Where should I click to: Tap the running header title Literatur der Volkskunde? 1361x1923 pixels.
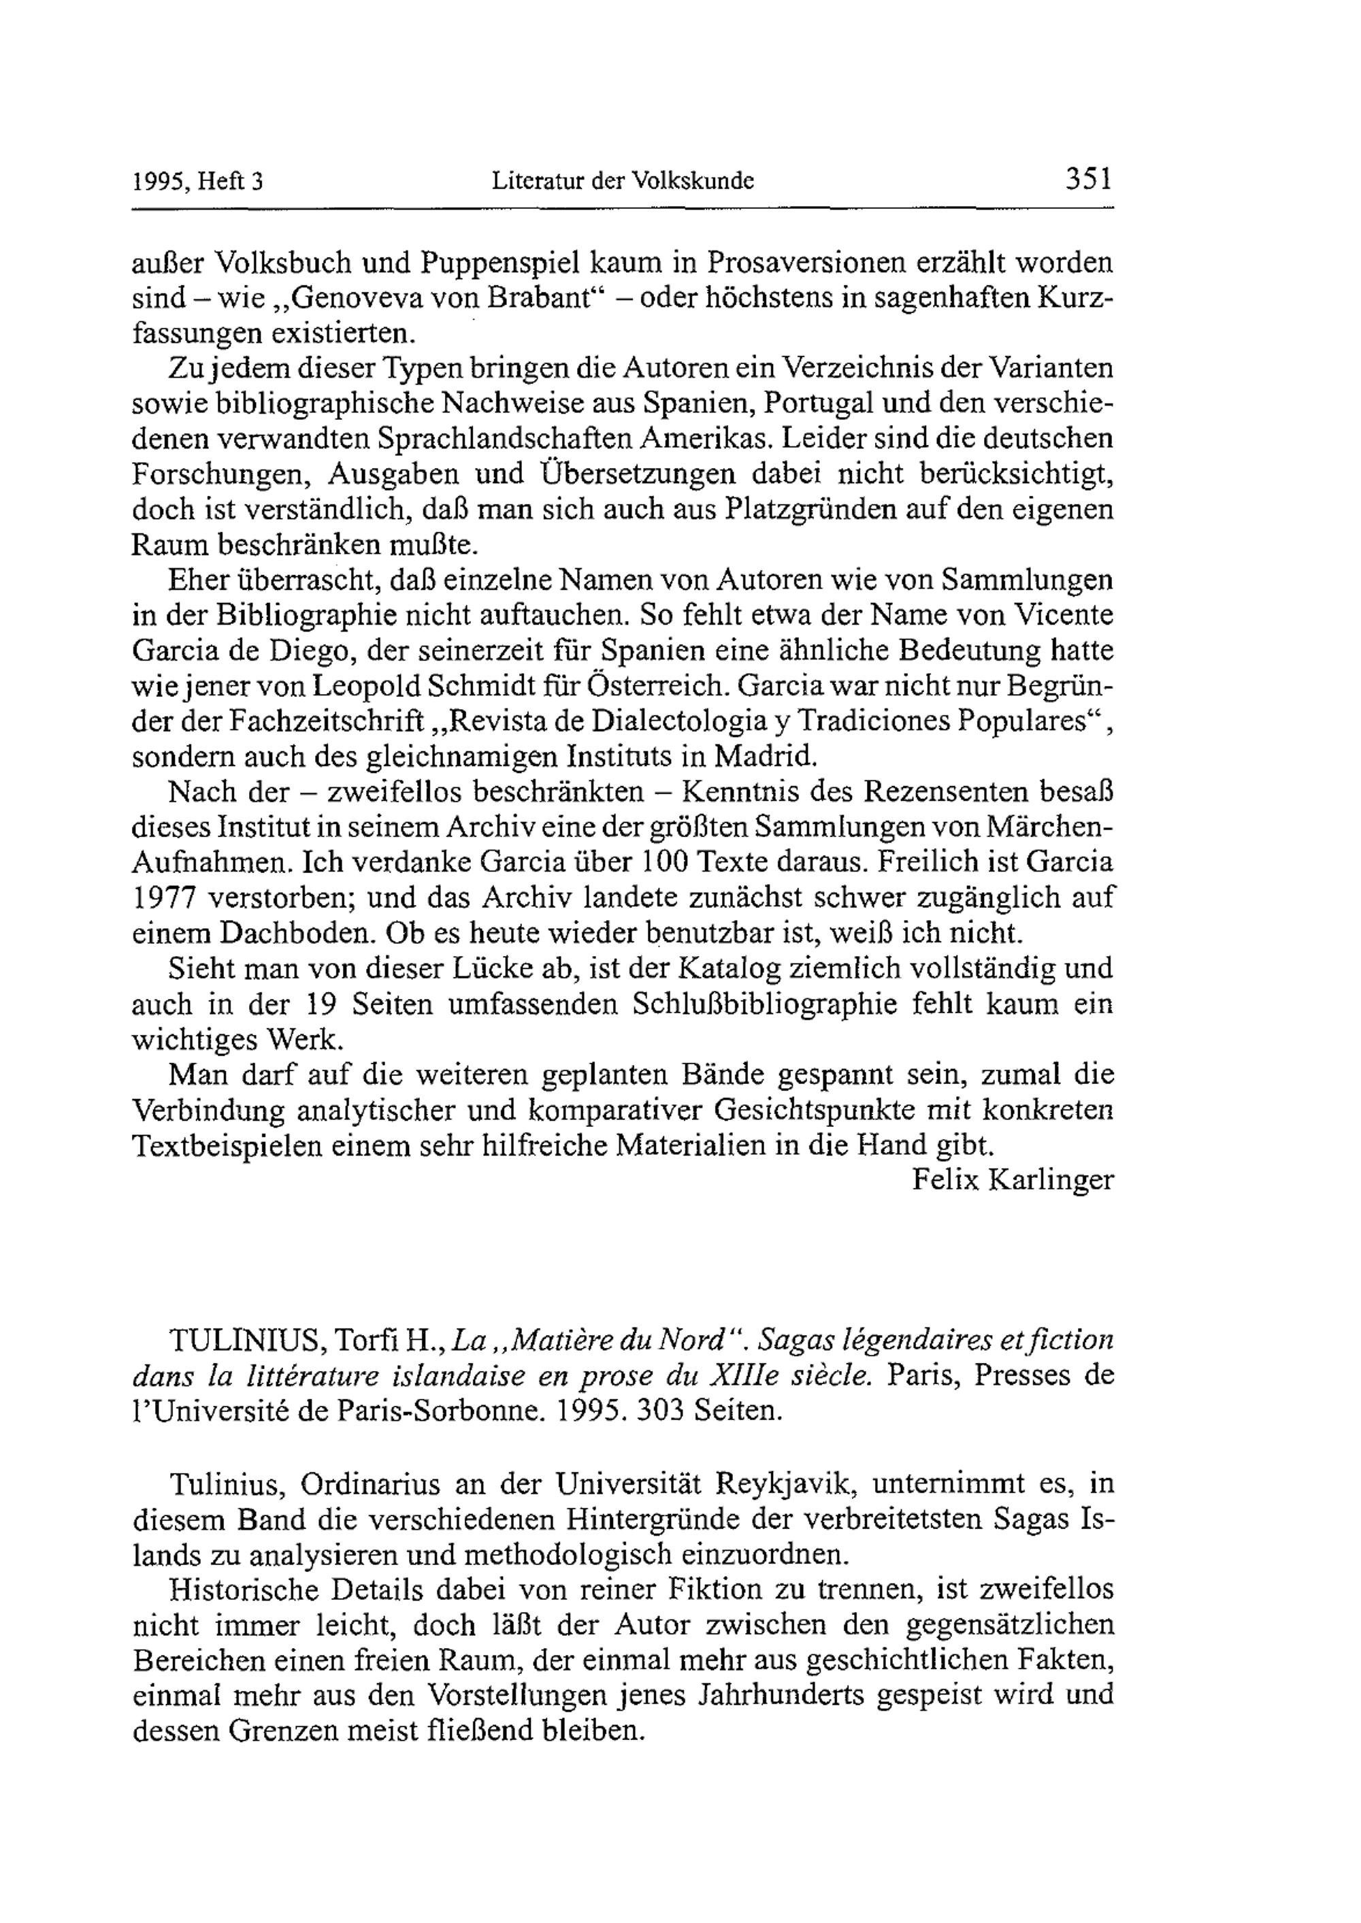tap(622, 180)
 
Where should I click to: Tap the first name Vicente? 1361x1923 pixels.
tap(1064, 616)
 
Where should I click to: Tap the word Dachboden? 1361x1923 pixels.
tap(298, 934)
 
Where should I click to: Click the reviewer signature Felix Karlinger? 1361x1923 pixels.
tap(1013, 1181)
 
